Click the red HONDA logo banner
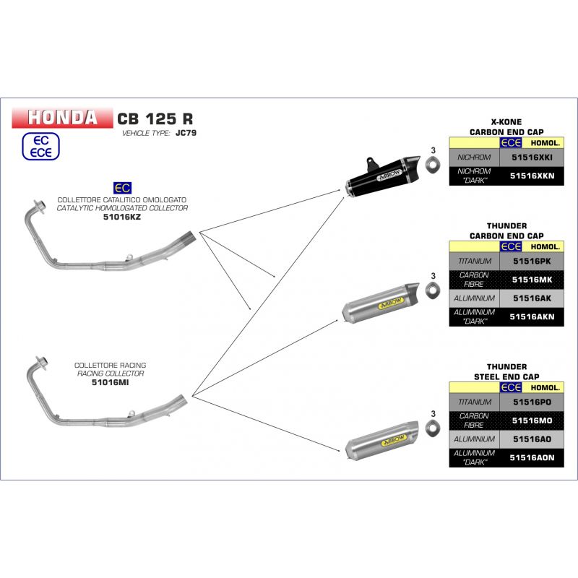(62, 118)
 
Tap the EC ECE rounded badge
(40, 147)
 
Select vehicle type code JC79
(186, 133)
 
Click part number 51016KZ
(121, 217)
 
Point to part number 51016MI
(111, 382)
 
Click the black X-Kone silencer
(382, 176)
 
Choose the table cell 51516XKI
(532, 158)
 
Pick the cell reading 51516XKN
(532, 176)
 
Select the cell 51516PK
(532, 262)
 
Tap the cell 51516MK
(532, 280)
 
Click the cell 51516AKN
(532, 316)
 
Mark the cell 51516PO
(532, 402)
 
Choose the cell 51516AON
(532, 457)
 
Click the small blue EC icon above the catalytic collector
(122, 188)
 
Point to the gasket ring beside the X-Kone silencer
(433, 164)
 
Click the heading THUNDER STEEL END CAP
(506, 371)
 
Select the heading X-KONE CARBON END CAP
(506, 127)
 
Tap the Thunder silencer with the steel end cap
(382, 440)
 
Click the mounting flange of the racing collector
(41, 363)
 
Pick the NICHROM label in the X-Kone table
(474, 158)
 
